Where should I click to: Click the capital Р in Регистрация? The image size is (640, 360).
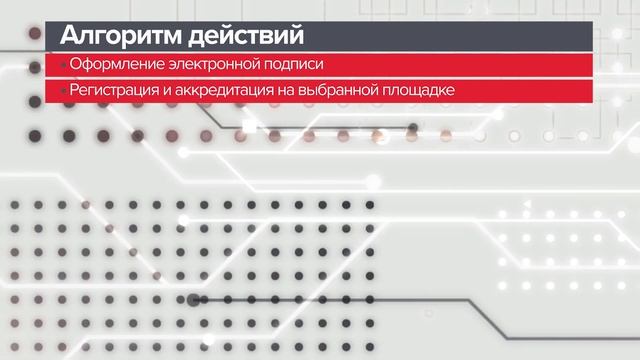coord(73,91)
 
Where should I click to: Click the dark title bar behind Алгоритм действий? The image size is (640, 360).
coord(450,37)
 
